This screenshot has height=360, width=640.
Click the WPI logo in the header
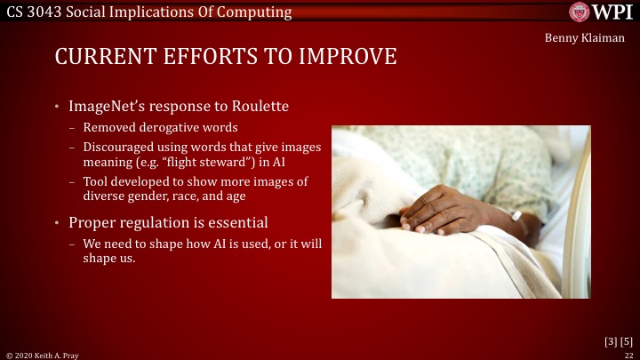click(604, 12)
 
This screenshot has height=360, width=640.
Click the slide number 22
click(628, 355)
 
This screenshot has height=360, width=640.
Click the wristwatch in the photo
click(516, 215)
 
